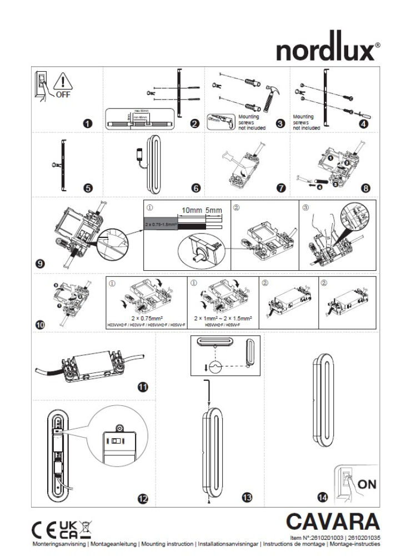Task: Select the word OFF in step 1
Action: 62,95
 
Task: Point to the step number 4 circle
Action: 364,124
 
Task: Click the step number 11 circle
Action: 143,388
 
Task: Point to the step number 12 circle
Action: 143,499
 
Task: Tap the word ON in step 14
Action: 367,484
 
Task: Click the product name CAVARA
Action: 333,522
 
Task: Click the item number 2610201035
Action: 362,538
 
